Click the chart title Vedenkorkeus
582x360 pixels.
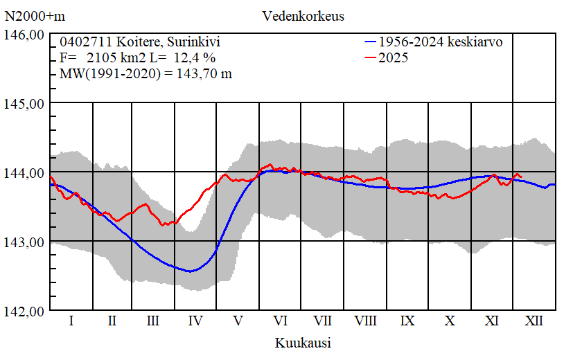point(303,15)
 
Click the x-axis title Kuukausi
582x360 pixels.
point(303,343)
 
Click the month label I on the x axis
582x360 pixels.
point(71,321)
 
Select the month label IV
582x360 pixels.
point(195,321)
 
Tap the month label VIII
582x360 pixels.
point(365,321)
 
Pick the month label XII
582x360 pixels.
point(534,321)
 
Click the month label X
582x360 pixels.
point(450,321)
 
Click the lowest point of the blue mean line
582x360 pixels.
point(189,271)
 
